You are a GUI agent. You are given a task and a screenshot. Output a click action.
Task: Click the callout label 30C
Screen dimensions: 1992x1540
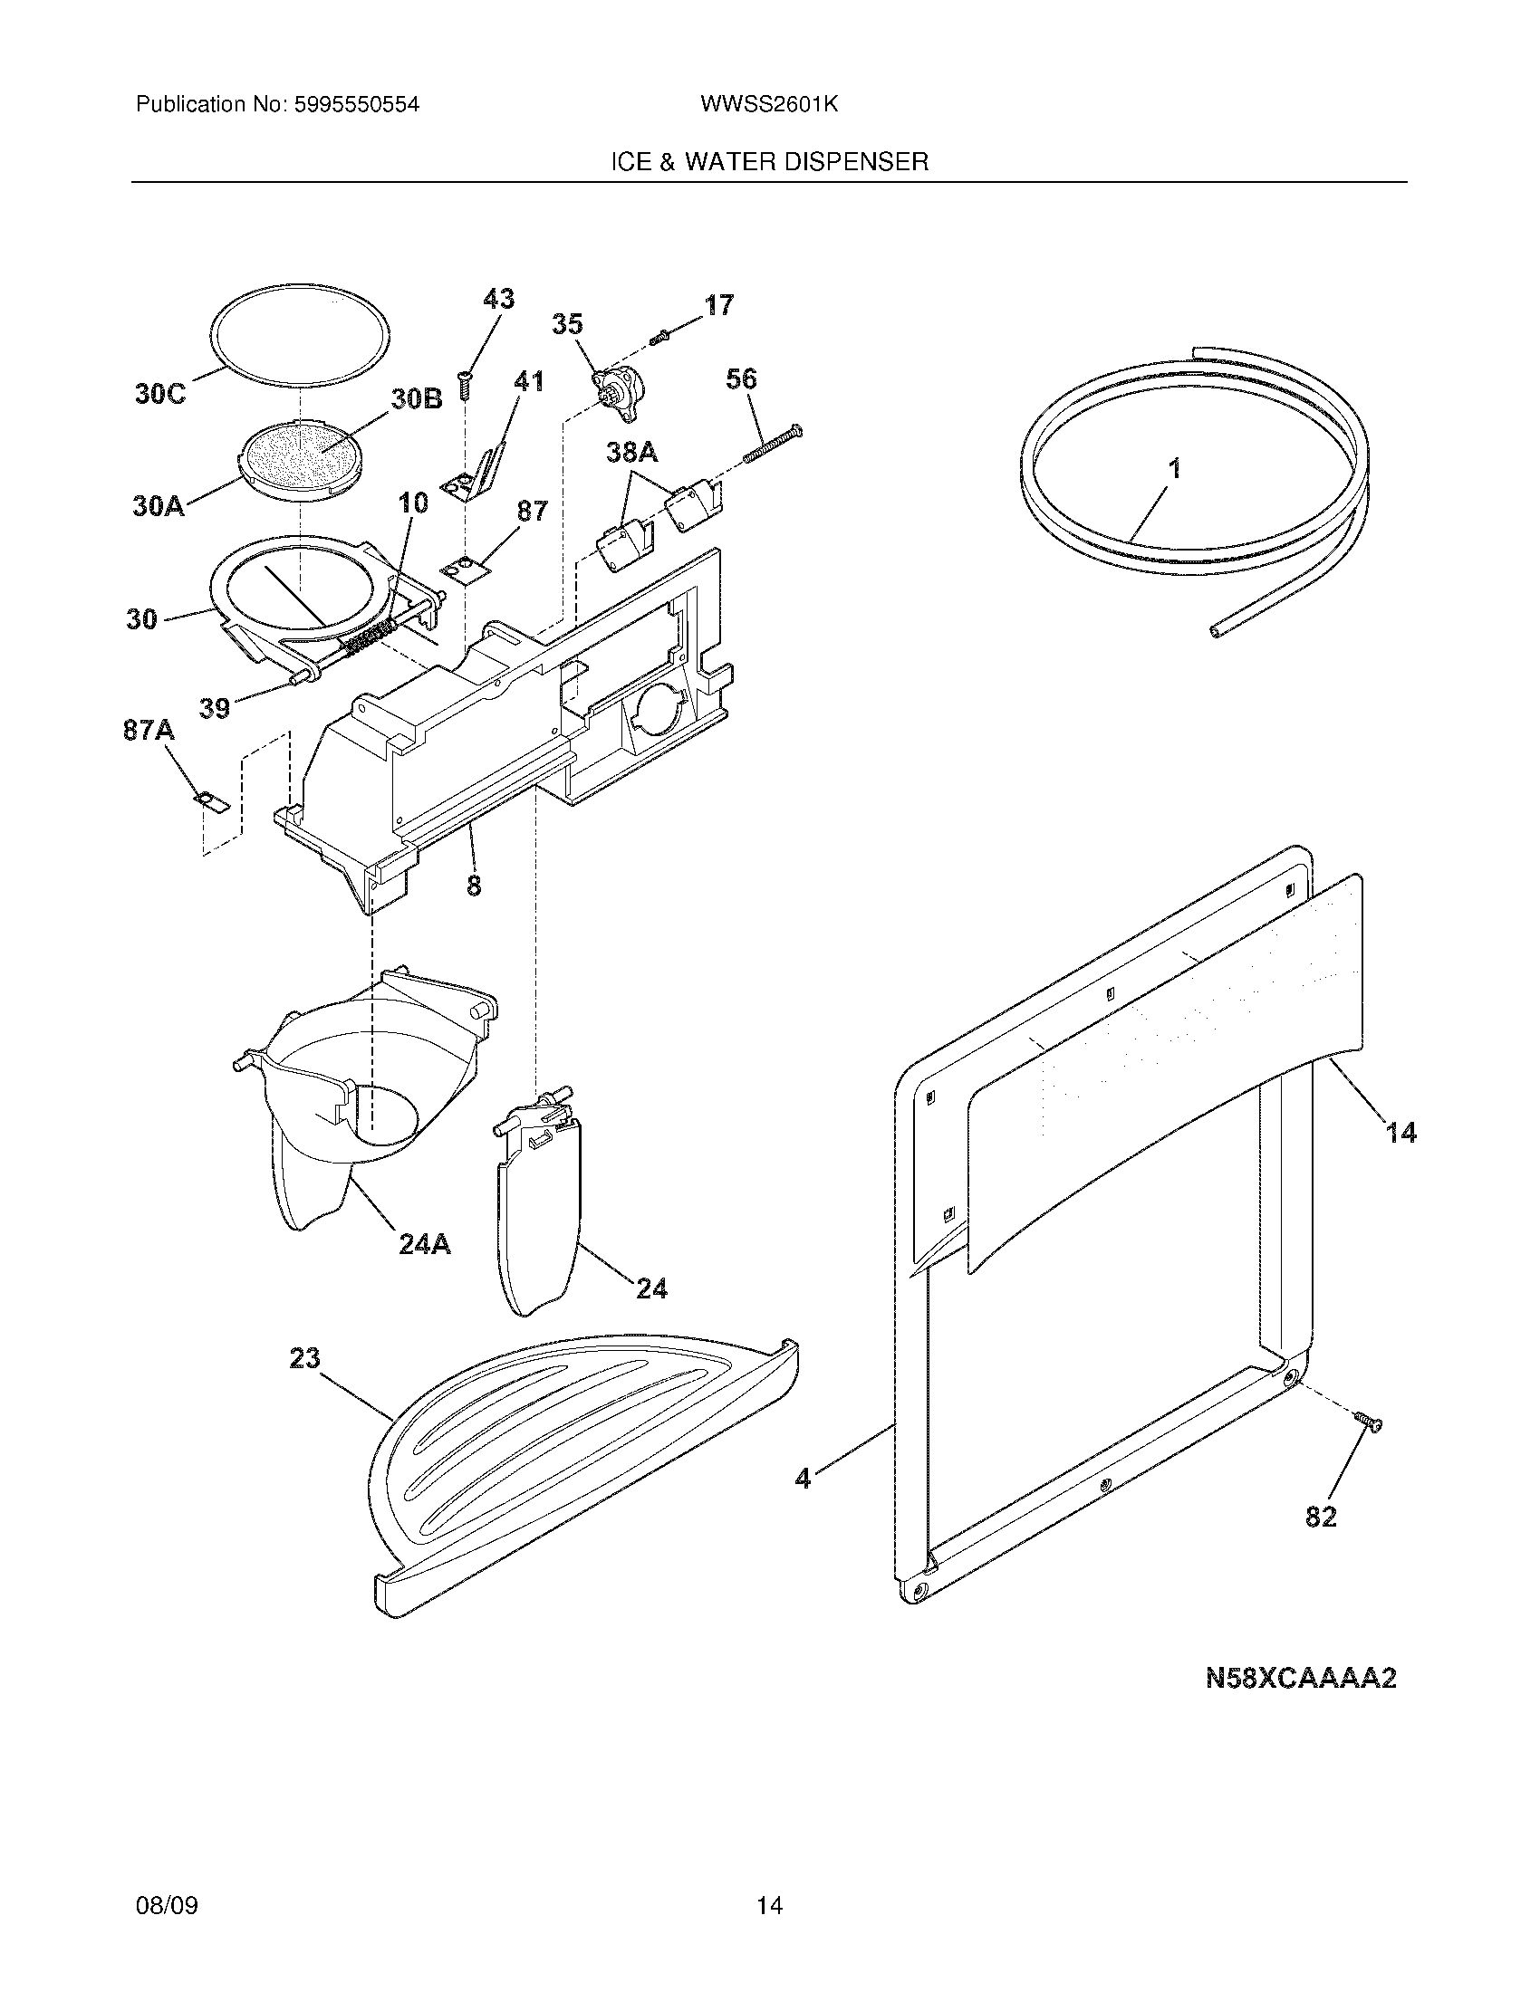coord(159,394)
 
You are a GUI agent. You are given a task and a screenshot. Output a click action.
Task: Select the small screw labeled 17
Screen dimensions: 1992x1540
coord(659,339)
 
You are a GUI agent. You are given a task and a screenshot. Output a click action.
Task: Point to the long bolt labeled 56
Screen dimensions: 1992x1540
coord(772,443)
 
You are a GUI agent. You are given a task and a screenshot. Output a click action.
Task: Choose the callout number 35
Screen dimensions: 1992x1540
coord(567,325)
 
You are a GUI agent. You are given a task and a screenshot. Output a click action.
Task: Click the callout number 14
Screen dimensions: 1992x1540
coord(1401,1133)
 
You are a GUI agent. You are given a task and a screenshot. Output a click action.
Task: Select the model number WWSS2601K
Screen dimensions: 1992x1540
coord(769,105)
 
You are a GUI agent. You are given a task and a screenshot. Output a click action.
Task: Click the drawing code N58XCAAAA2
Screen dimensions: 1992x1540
coord(1301,1678)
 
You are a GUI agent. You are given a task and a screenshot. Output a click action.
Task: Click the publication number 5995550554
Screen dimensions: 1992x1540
coord(357,105)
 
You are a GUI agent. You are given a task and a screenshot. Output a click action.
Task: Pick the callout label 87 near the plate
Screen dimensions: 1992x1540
coord(532,511)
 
